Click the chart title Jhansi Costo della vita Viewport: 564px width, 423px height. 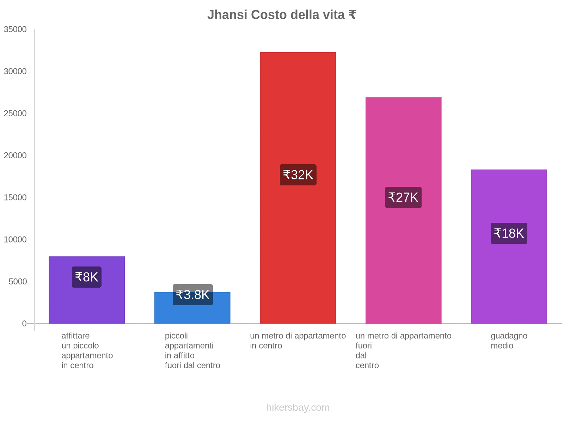[x=281, y=15]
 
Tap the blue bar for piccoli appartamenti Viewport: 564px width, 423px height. [x=192, y=314]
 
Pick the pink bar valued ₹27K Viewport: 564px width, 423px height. [x=403, y=141]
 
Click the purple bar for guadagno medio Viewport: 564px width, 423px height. [x=509, y=197]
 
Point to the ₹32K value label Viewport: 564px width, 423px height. [x=298, y=175]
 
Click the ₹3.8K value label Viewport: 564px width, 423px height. [x=192, y=295]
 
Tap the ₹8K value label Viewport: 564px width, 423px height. [x=87, y=277]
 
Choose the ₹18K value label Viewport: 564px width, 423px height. [x=509, y=233]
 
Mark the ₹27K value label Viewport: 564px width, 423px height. [x=403, y=197]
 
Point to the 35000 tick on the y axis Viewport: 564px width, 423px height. [x=15, y=30]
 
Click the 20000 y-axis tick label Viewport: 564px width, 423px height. [x=15, y=155]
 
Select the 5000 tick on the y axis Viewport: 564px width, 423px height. [x=18, y=282]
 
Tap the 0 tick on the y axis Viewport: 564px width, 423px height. [x=24, y=324]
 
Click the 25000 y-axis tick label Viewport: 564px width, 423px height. [x=15, y=114]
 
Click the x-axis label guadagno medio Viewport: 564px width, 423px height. [x=509, y=341]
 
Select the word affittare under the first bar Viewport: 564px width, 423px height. [x=75, y=336]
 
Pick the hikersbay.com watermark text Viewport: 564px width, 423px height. [x=298, y=407]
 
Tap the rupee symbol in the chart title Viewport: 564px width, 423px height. [x=352, y=15]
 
